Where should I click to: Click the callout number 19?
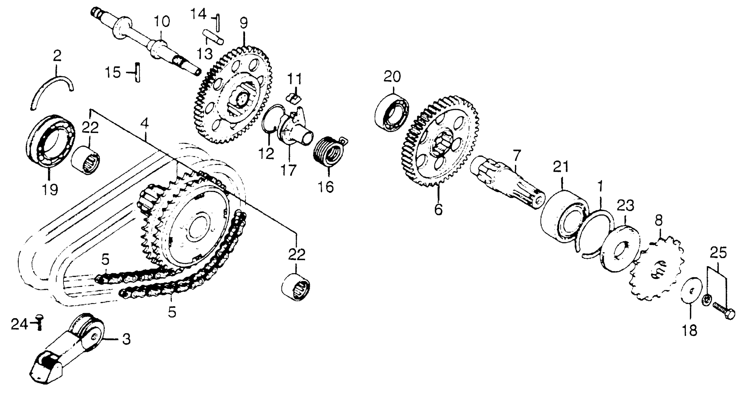click(x=50, y=190)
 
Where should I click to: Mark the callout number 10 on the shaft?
click(x=162, y=22)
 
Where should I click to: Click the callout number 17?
click(x=288, y=170)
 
